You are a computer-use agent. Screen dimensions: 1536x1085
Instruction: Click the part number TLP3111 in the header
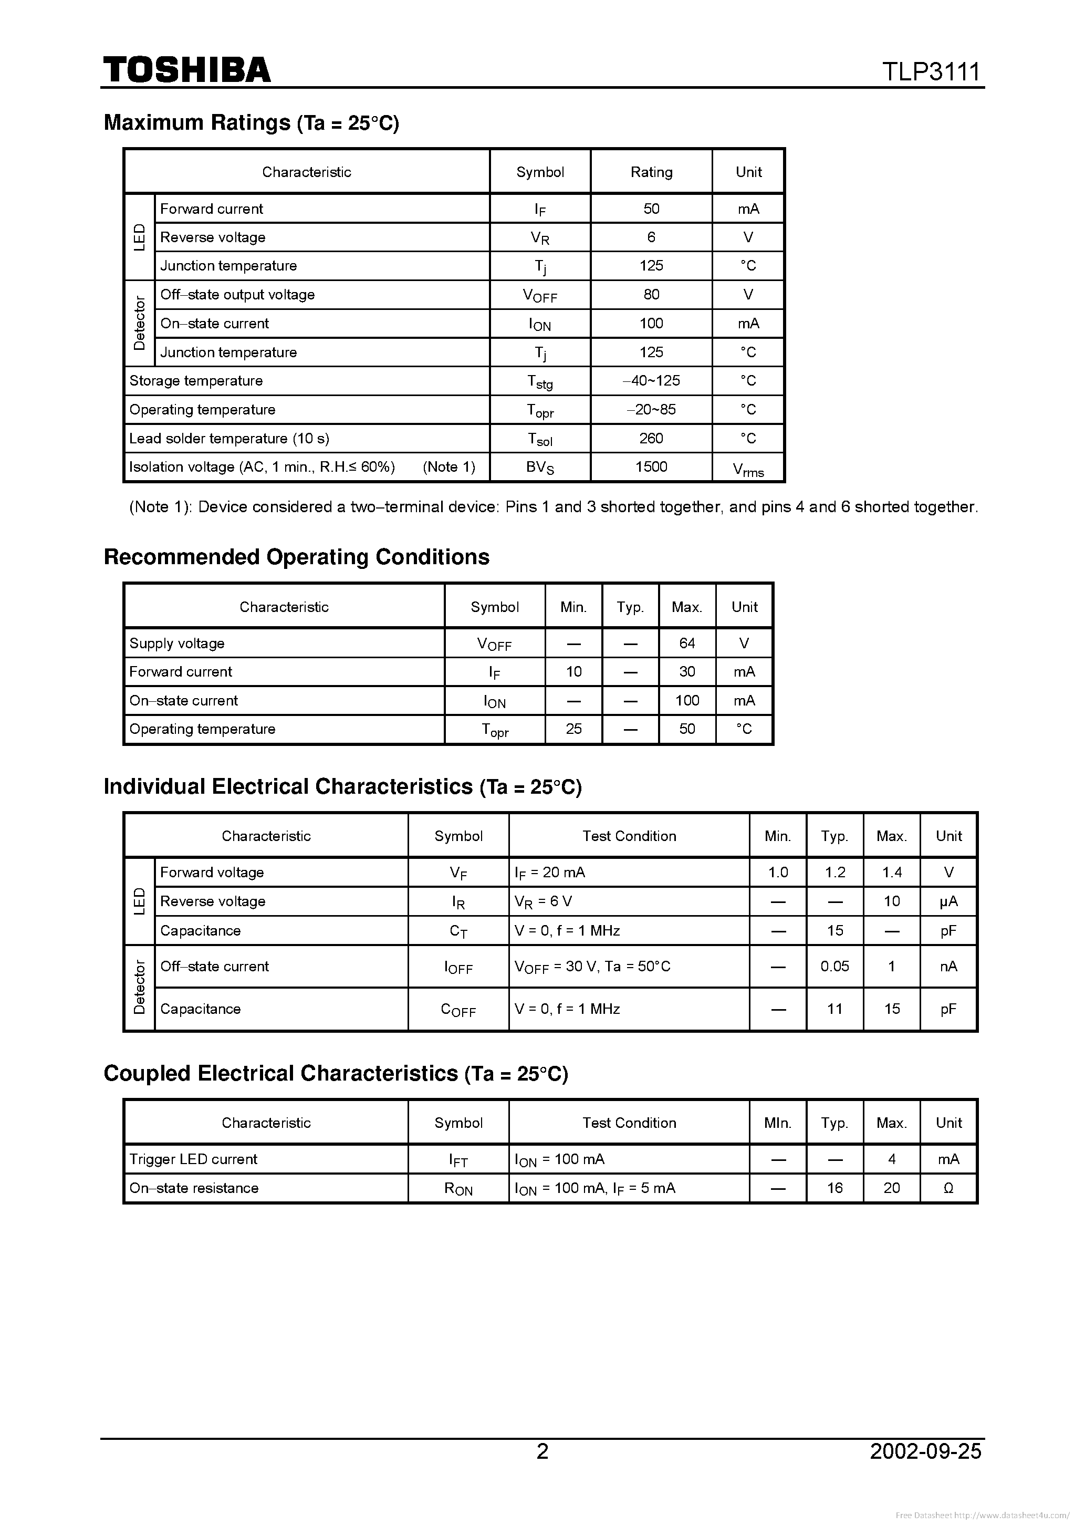pos(931,71)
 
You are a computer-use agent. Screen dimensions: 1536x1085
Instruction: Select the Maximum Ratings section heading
pos(251,122)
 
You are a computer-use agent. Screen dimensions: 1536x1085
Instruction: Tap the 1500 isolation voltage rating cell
pos(651,467)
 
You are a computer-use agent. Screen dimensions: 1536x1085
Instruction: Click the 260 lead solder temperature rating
pos(651,438)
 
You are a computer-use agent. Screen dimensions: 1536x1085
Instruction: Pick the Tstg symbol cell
pos(540,382)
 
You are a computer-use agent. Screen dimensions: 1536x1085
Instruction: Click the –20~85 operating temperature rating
pos(651,409)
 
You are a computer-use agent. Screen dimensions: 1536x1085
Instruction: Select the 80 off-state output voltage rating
pos(651,294)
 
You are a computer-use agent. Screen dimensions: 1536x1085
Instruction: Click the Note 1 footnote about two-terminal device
pos(553,507)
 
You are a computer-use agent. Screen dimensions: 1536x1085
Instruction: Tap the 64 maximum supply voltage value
pos(687,643)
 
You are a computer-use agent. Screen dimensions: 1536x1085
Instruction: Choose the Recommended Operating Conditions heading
pos(296,557)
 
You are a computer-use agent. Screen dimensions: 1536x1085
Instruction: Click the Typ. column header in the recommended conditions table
pos(630,607)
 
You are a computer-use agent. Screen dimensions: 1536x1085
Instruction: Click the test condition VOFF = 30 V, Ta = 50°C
pos(592,967)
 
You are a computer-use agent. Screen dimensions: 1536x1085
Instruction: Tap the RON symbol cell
pos(458,1189)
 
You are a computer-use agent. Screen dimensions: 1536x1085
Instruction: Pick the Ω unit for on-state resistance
pos(948,1188)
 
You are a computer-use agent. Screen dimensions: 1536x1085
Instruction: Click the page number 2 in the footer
pos(542,1451)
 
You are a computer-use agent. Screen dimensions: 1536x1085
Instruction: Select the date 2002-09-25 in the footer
pos(925,1451)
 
